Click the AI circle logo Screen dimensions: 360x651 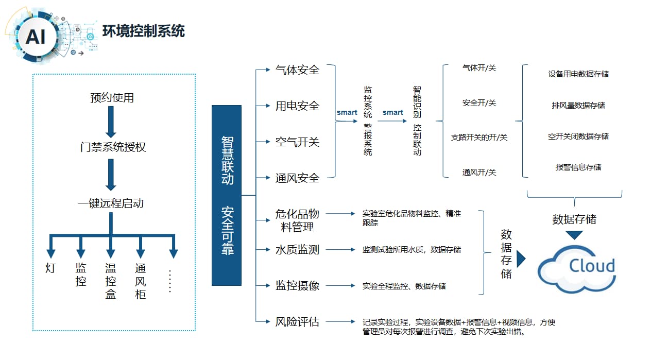(35, 37)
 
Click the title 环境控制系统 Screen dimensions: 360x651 (143, 31)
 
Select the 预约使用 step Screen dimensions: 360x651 (112, 98)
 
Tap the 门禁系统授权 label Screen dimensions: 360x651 (113, 147)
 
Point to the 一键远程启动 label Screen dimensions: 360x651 (111, 203)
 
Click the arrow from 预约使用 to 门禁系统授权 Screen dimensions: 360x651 (111, 123)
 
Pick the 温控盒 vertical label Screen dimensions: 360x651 (111, 281)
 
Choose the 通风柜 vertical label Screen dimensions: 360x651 (141, 281)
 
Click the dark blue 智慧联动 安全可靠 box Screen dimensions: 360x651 (227, 195)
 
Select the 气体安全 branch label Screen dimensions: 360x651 (297, 70)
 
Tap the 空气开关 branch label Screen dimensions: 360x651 (297, 142)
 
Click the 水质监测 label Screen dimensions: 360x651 (297, 250)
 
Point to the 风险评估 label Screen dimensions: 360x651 (297, 322)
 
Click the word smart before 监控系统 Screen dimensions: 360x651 (347, 112)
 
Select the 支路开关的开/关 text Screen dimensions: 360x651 (479, 138)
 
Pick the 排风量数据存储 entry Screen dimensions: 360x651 (578, 106)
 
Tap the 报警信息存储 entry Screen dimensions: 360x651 (578, 167)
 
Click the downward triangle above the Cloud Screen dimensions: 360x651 (574, 235)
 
